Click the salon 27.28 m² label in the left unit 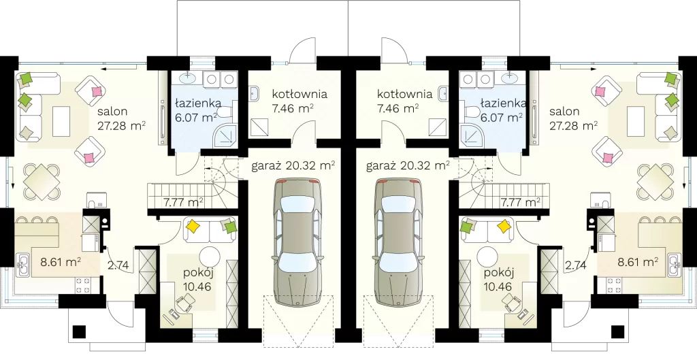[122, 118]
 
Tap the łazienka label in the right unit [503, 103]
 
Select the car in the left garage [297, 242]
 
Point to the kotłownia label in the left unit [299, 94]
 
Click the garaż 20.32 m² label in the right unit [408, 166]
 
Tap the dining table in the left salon [42, 182]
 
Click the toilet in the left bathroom [227, 111]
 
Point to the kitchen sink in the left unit [22, 264]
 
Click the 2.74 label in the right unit [576, 266]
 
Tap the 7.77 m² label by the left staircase [183, 203]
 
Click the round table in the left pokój [210, 257]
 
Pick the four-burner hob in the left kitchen [82, 285]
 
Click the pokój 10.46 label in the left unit [197, 279]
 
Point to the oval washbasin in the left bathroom [187, 78]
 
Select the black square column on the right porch [617, 331]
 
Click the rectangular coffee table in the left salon [61, 121]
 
